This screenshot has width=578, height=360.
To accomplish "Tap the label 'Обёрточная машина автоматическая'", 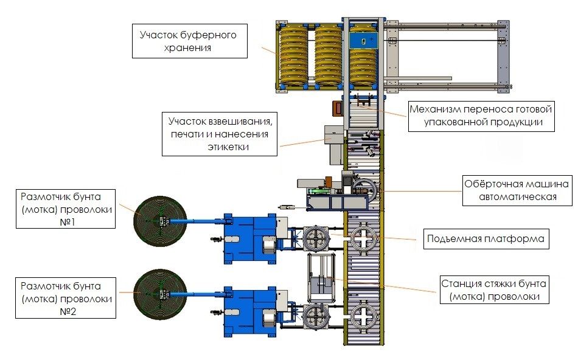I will [x=517, y=190].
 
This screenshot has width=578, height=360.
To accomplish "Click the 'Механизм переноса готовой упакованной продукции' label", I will [x=480, y=116].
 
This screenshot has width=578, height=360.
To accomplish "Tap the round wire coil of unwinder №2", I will [x=157, y=293].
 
